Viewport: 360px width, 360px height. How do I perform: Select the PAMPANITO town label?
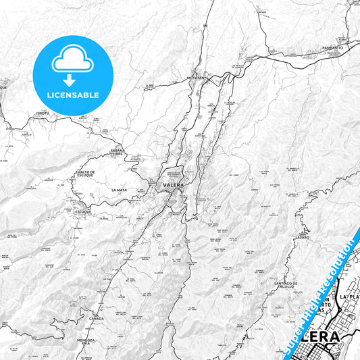tap(332, 49)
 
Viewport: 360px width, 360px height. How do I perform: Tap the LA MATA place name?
tap(120, 190)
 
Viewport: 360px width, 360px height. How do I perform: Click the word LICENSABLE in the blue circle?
tap(72, 95)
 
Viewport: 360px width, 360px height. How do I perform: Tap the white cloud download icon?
tap(72, 63)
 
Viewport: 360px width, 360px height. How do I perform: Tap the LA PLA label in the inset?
tap(350, 297)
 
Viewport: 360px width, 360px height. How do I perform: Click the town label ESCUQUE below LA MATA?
tap(82, 211)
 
